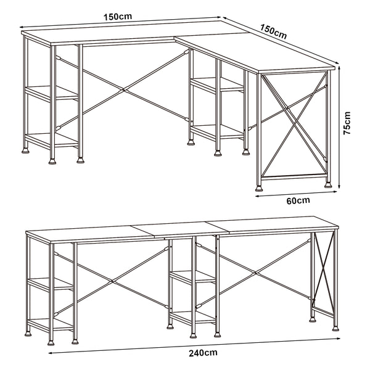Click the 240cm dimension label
point(203,353)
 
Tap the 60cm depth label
point(298,200)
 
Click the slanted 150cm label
point(273,31)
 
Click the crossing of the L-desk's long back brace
point(123,91)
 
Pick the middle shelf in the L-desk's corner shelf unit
point(218,85)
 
